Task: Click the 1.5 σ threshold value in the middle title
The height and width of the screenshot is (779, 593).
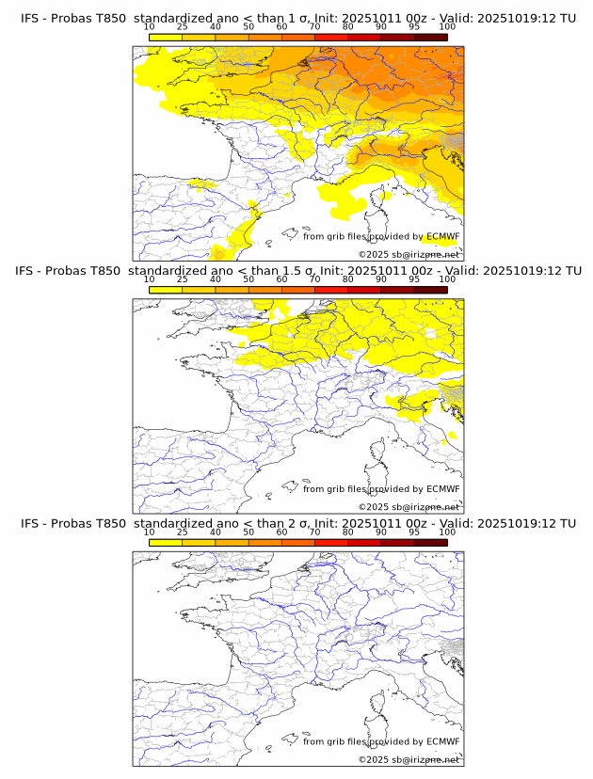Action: [304, 271]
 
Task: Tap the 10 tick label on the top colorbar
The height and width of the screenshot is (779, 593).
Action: [149, 26]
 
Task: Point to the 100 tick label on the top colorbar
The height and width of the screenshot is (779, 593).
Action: [447, 26]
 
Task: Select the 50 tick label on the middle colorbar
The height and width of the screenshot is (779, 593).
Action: [248, 279]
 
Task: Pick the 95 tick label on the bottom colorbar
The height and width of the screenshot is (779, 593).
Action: [414, 533]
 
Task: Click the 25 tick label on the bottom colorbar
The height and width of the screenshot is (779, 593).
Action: [182, 533]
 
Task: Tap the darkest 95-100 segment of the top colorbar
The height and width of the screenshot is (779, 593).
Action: [430, 38]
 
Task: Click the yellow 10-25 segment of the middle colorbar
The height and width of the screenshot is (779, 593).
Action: [166, 291]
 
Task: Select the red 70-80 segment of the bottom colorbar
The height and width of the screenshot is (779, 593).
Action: [331, 543]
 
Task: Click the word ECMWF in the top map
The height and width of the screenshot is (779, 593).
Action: [442, 236]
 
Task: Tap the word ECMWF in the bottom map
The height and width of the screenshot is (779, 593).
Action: [442, 741]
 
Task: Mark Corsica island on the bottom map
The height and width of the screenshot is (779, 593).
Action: [383, 703]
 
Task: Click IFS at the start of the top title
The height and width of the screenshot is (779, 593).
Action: [30, 18]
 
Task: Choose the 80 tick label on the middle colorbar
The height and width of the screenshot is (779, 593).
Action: [348, 279]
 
